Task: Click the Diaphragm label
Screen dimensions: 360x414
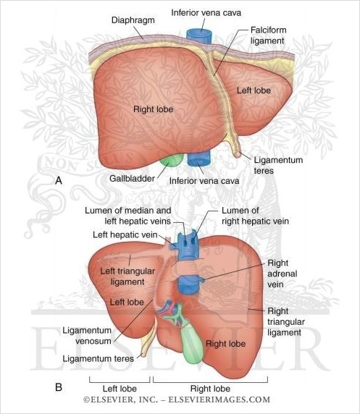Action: [x=133, y=20]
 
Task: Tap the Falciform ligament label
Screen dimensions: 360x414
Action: [x=268, y=35]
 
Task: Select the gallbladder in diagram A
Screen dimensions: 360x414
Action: [x=172, y=161]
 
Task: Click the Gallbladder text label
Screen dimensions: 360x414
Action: [x=132, y=179]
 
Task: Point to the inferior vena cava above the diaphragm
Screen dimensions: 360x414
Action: [x=199, y=37]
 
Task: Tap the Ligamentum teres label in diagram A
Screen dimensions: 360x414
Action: [x=278, y=165]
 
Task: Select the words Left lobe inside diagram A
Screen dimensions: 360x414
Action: [x=254, y=90]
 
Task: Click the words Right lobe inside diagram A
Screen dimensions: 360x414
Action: [x=154, y=109]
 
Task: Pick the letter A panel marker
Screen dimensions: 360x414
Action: [x=59, y=181]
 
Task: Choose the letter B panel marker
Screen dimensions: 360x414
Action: [x=59, y=387]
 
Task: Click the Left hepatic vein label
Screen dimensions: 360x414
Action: [x=125, y=235]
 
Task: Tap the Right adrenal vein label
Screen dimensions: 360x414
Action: [x=282, y=274]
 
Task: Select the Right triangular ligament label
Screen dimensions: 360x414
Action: [x=286, y=321]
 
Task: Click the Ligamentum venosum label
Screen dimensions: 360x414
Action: [x=87, y=336]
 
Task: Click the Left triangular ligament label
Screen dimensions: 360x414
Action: [x=127, y=276]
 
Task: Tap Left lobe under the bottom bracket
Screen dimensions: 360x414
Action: [x=120, y=389]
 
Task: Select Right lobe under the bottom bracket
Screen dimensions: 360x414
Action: [x=210, y=389]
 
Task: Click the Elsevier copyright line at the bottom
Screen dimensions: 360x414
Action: [x=177, y=400]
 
